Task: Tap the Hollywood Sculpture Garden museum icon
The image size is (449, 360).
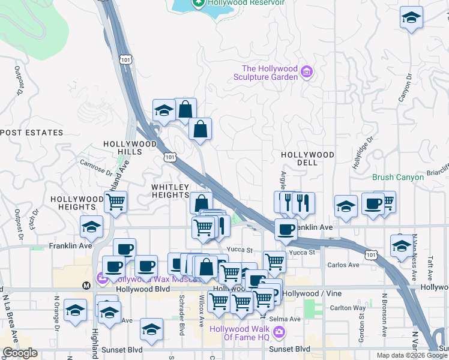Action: pyautogui.click(x=307, y=72)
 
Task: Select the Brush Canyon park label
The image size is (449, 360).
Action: pyautogui.click(x=398, y=177)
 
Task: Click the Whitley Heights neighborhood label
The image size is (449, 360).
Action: pyautogui.click(x=170, y=191)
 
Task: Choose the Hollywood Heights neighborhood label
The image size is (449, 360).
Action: pyautogui.click(x=77, y=203)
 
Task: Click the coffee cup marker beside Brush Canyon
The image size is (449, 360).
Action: pyautogui.click(x=373, y=204)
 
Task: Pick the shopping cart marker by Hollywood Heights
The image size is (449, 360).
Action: pyautogui.click(x=115, y=202)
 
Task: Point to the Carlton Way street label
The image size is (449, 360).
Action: pyautogui.click(x=348, y=308)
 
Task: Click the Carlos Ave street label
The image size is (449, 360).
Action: pyautogui.click(x=343, y=265)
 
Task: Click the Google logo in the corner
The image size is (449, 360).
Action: pyautogui.click(x=20, y=353)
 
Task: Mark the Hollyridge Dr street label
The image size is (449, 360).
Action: pyautogui.click(x=363, y=152)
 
